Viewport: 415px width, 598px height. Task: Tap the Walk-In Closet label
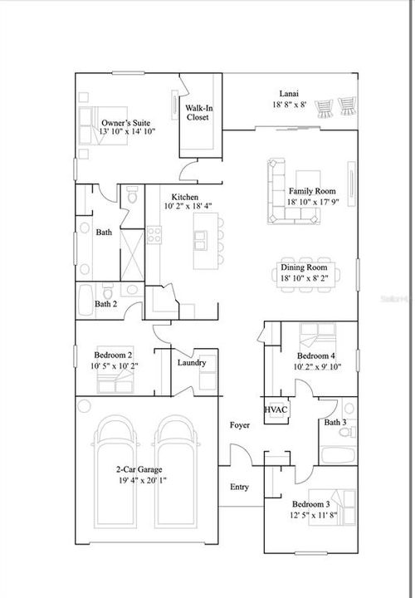pyautogui.click(x=197, y=113)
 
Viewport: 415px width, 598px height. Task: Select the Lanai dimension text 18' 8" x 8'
pyautogui.click(x=290, y=105)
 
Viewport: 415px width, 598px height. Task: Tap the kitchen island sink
pyautogui.click(x=202, y=240)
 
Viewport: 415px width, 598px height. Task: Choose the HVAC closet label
pyautogui.click(x=275, y=409)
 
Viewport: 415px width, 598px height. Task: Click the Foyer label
pyautogui.click(x=240, y=425)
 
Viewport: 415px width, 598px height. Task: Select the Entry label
pyautogui.click(x=239, y=487)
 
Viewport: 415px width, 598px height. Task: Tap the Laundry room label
pyautogui.click(x=192, y=362)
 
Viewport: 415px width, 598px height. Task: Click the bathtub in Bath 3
pyautogui.click(x=337, y=455)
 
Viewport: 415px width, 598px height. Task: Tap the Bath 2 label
pyautogui.click(x=105, y=304)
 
